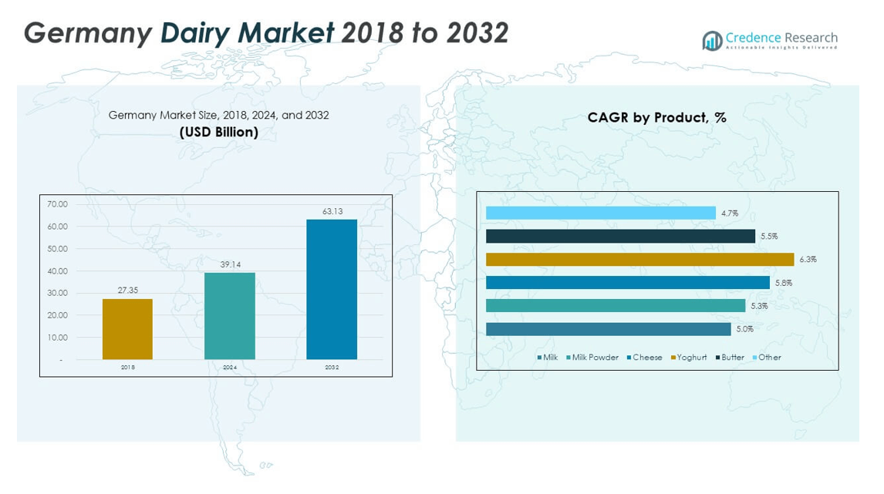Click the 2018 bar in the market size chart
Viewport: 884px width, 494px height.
[x=127, y=329]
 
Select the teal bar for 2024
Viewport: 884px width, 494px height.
[x=230, y=316]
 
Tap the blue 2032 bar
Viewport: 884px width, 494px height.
[x=332, y=289]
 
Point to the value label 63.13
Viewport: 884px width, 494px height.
[x=332, y=211]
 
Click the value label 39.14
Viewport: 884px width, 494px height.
[x=230, y=264]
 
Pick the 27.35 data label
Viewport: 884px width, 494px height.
[x=127, y=291]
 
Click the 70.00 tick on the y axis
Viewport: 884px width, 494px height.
[x=58, y=204]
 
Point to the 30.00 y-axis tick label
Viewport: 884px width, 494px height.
[x=58, y=294]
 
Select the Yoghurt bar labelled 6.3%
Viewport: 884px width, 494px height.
[x=639, y=260]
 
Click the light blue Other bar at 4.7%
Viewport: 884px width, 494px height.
[x=600, y=213]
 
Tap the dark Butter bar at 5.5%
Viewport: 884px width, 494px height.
[x=620, y=237]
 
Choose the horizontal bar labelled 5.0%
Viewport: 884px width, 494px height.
[x=608, y=329]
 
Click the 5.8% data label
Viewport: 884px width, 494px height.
[x=783, y=283]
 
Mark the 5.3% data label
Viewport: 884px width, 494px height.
[x=759, y=306]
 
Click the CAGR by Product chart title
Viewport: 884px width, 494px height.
[x=656, y=118]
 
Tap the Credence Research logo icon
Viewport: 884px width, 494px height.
[x=711, y=40]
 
